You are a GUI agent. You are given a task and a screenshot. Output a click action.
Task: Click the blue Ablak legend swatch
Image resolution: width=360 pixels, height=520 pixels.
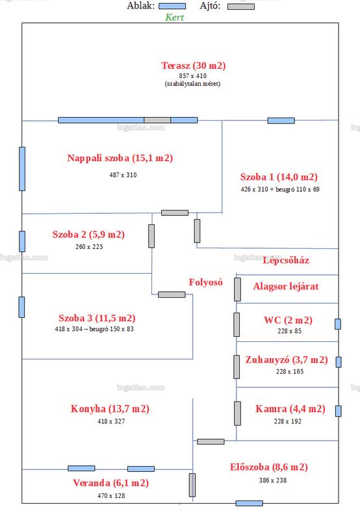172,6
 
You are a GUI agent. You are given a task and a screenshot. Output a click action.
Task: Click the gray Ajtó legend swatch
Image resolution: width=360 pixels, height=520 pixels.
241,6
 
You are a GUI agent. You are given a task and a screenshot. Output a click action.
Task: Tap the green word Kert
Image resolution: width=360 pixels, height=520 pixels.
174,18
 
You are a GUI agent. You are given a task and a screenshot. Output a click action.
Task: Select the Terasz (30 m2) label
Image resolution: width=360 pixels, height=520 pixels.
193,66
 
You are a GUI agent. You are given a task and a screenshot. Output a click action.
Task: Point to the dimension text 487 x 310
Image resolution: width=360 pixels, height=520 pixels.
123,175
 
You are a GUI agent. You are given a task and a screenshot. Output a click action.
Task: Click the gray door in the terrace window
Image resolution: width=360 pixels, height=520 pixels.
157,120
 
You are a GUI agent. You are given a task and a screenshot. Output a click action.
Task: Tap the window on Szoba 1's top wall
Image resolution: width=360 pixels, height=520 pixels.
281,120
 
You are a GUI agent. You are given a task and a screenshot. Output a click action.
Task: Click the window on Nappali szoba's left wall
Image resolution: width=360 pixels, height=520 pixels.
22,169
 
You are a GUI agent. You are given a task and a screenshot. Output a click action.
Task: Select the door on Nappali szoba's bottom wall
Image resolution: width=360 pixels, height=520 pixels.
175,213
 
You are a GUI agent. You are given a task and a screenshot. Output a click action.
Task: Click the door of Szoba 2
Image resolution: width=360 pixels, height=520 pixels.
151,236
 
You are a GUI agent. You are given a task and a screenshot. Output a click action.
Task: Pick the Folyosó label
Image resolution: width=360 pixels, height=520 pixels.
205,282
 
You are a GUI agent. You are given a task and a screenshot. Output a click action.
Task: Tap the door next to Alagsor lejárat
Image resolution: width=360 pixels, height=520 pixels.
237,289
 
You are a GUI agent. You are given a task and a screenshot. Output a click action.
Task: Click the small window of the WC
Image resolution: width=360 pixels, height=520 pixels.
338,324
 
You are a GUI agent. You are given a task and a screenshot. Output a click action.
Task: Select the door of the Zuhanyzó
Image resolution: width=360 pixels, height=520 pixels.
237,367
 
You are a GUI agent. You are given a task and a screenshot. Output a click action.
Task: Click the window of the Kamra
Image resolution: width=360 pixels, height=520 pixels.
338,411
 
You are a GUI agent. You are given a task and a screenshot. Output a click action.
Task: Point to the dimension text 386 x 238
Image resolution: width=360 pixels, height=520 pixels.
273,480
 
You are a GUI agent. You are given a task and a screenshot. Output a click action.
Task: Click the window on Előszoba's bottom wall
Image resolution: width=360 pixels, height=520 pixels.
250,503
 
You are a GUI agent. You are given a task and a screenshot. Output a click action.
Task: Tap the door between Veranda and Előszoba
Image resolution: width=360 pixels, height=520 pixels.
192,485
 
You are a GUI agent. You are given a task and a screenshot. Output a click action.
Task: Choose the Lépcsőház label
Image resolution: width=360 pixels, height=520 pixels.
286,261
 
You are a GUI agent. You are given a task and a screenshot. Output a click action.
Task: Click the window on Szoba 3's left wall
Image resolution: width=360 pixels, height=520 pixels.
21,307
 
